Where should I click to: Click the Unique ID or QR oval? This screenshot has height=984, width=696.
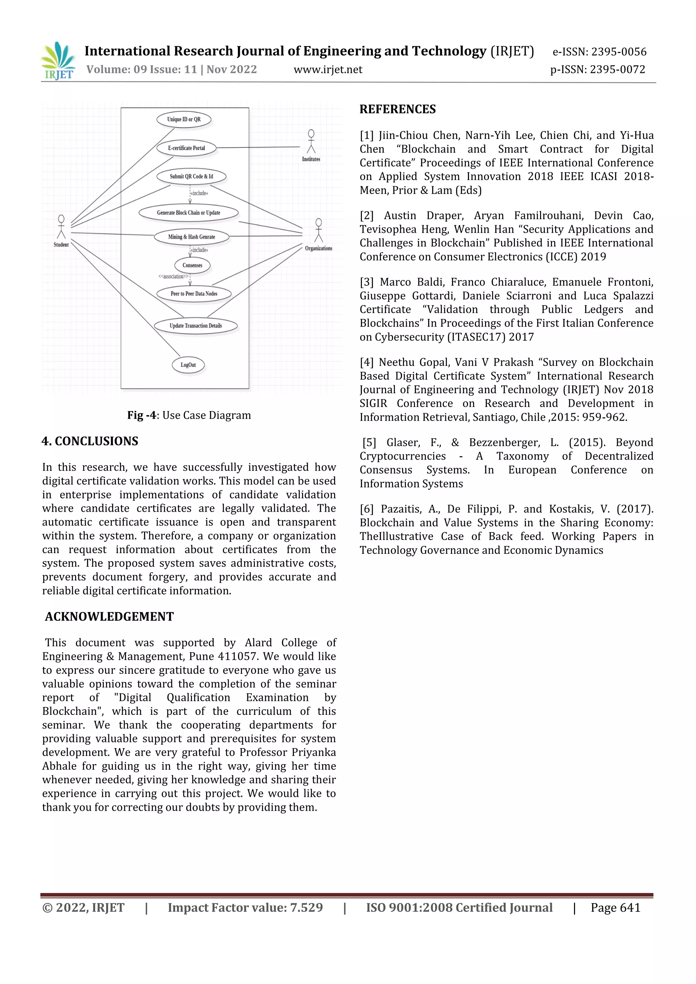click(x=184, y=120)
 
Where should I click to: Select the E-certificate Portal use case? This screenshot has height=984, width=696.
click(x=187, y=148)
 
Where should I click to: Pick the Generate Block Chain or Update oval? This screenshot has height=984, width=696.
click(x=189, y=213)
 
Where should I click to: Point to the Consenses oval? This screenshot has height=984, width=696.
click(x=192, y=265)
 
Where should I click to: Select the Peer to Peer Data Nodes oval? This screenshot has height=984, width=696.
click(x=194, y=294)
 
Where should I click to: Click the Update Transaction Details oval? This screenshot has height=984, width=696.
click(x=195, y=326)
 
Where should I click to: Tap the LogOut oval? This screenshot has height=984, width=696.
click(x=188, y=365)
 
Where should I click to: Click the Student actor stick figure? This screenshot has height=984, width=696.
click(x=61, y=228)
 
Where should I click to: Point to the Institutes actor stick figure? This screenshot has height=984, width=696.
click(x=311, y=142)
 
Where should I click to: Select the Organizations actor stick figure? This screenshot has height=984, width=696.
click(x=318, y=231)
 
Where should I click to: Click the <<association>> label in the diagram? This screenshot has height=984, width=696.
click(x=173, y=277)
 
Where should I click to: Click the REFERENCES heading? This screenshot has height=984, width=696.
click(x=397, y=109)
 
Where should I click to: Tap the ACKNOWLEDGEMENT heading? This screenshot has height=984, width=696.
click(x=109, y=617)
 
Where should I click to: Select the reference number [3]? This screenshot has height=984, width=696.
click(x=366, y=282)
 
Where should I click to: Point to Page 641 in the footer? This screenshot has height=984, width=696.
click(x=615, y=907)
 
